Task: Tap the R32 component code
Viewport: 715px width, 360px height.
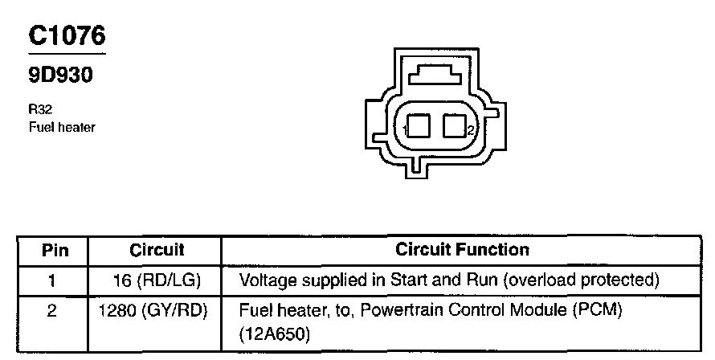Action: tap(39, 112)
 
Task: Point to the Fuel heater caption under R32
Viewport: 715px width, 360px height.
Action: tap(62, 127)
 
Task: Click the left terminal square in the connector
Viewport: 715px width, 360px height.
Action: tap(419, 127)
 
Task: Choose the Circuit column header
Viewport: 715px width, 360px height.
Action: tap(157, 250)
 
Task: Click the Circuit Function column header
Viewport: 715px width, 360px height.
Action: tap(462, 250)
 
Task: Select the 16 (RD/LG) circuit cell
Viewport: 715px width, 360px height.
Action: tap(157, 280)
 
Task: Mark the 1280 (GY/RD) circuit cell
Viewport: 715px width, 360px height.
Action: tap(153, 309)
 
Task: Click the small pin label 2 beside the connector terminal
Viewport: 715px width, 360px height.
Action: tap(470, 130)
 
